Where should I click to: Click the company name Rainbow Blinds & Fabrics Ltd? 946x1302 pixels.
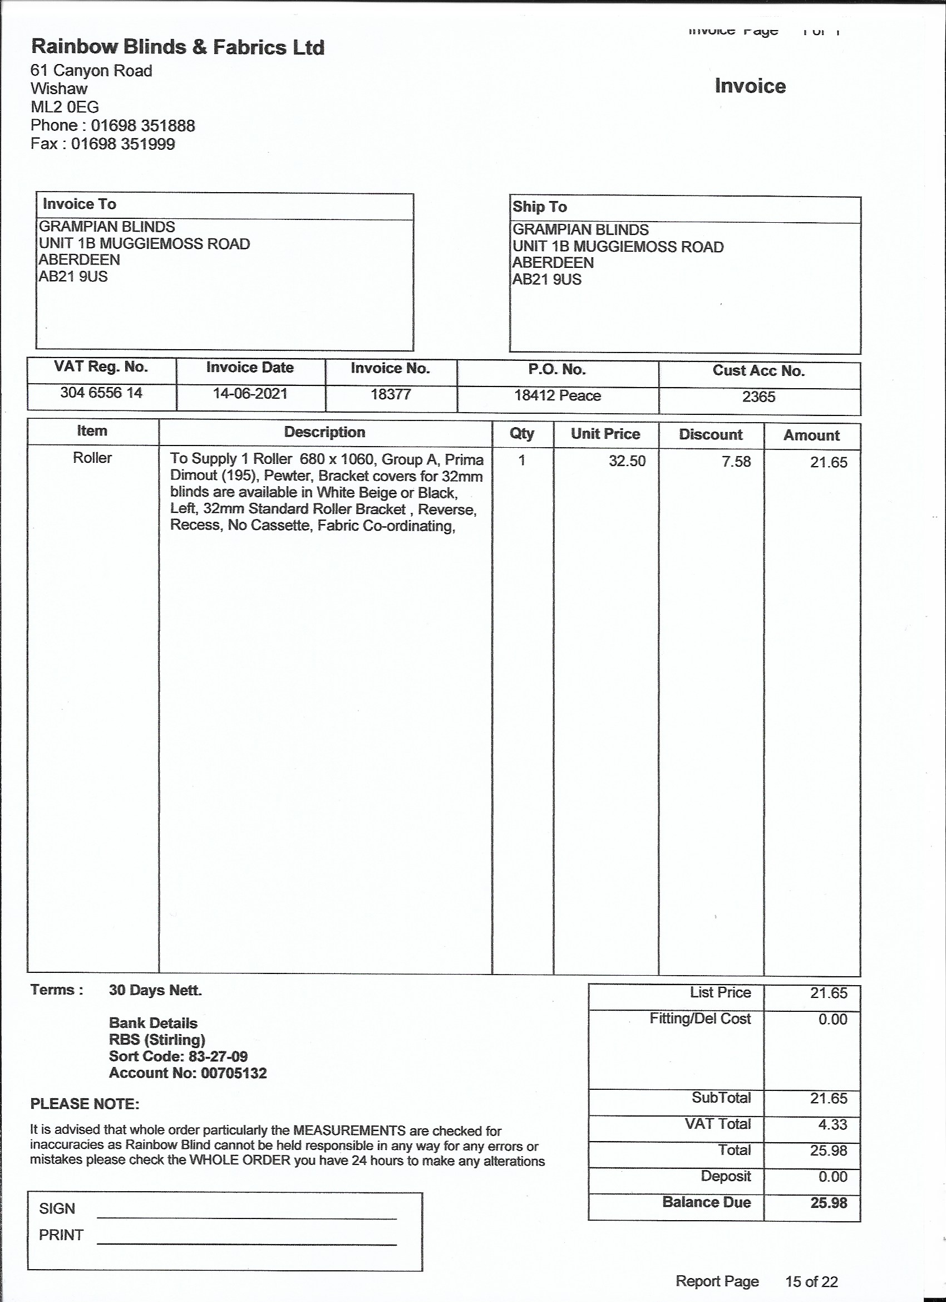tap(178, 47)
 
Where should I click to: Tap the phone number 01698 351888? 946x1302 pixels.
tap(143, 126)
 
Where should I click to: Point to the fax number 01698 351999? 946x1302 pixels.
tap(123, 144)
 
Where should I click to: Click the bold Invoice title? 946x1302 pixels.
tap(750, 86)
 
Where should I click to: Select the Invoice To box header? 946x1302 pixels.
tap(80, 204)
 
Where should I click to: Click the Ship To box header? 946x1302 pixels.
tap(539, 207)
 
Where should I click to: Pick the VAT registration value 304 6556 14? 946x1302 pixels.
tap(101, 393)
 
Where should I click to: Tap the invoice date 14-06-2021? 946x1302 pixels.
tap(250, 394)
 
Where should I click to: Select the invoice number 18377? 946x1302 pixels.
tap(390, 394)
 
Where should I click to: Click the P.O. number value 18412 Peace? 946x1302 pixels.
tap(557, 395)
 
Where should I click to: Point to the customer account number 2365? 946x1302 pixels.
tap(758, 397)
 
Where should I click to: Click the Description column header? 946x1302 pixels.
tap(325, 432)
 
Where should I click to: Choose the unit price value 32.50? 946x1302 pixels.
tap(627, 461)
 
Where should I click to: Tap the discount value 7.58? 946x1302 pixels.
tap(736, 462)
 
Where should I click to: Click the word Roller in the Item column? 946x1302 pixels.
tap(92, 458)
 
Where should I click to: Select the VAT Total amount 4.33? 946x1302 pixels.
tap(832, 1124)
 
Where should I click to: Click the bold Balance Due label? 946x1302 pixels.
tap(706, 1202)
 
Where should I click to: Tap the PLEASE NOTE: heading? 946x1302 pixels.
tap(85, 1104)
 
